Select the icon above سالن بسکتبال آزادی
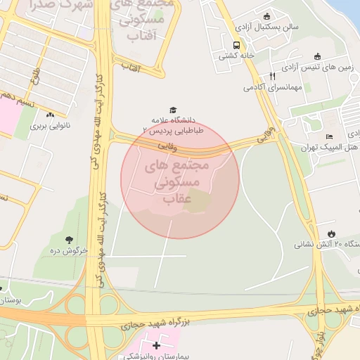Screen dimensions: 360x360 (266, 16)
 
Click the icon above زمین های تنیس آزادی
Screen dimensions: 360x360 (316, 57)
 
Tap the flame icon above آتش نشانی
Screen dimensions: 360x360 (331, 233)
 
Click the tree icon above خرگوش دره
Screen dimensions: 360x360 (69, 240)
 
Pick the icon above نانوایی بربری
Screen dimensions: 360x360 (49, 115)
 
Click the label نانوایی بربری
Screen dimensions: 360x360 (50, 127)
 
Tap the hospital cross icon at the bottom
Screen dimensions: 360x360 (156, 345)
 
